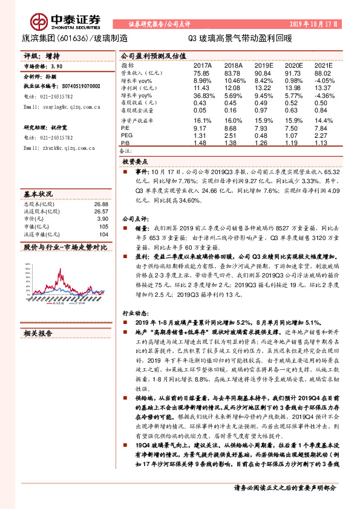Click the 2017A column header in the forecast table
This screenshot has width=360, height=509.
click(202, 64)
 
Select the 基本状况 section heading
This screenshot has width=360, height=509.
click(38, 195)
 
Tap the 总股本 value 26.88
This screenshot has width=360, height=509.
click(101, 206)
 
